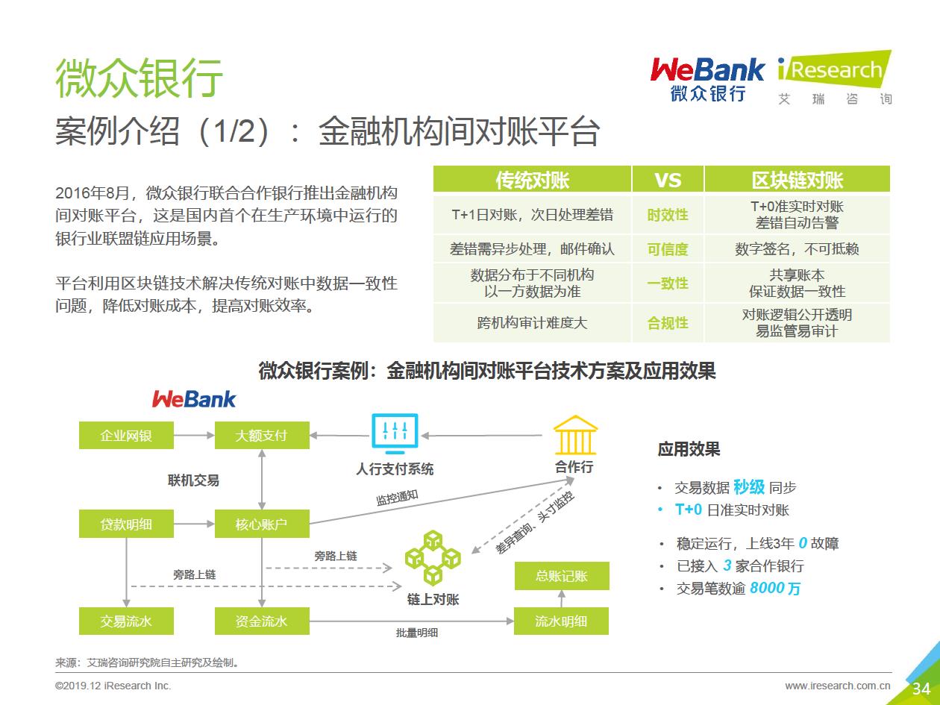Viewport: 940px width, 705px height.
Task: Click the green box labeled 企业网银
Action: tap(126, 436)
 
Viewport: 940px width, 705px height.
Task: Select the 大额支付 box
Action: tap(262, 436)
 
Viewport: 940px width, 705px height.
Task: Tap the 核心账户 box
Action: tap(262, 524)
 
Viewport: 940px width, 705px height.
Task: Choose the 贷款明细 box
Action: tap(126, 524)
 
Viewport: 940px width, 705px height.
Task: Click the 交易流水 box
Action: tap(126, 621)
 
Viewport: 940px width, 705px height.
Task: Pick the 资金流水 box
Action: tap(262, 621)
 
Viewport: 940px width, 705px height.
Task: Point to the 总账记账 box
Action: tap(562, 576)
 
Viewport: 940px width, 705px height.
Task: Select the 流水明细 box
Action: tap(561, 621)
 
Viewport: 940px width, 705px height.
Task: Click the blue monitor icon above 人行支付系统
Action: tap(395, 434)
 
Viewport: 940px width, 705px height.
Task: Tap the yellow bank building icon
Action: tap(575, 435)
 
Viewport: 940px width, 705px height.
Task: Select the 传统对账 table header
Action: tap(533, 179)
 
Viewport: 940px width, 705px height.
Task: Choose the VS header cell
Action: tap(668, 179)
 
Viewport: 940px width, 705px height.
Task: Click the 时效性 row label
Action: tap(668, 215)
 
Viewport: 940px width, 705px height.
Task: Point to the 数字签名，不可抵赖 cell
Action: tap(797, 248)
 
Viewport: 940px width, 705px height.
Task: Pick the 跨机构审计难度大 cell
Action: tap(533, 323)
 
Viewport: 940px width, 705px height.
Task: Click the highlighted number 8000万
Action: tap(775, 589)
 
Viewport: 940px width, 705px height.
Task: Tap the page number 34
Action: tap(921, 689)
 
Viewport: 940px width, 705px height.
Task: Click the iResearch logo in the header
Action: tap(835, 78)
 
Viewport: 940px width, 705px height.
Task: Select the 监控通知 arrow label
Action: tap(397, 498)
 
